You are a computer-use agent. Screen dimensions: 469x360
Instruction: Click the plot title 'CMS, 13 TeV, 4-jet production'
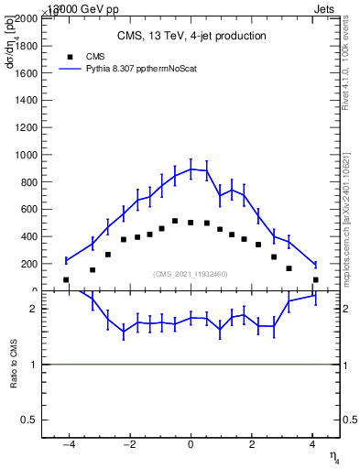pos(191,36)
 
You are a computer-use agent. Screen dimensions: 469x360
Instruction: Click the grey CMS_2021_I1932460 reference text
pos(191,274)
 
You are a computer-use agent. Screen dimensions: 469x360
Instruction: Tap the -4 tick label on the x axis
pos(68,444)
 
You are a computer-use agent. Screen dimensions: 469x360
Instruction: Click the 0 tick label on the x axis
pos(191,444)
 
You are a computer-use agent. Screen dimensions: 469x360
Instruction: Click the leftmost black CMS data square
pos(66,279)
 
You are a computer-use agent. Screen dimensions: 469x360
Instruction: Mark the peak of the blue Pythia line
pos(191,169)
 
